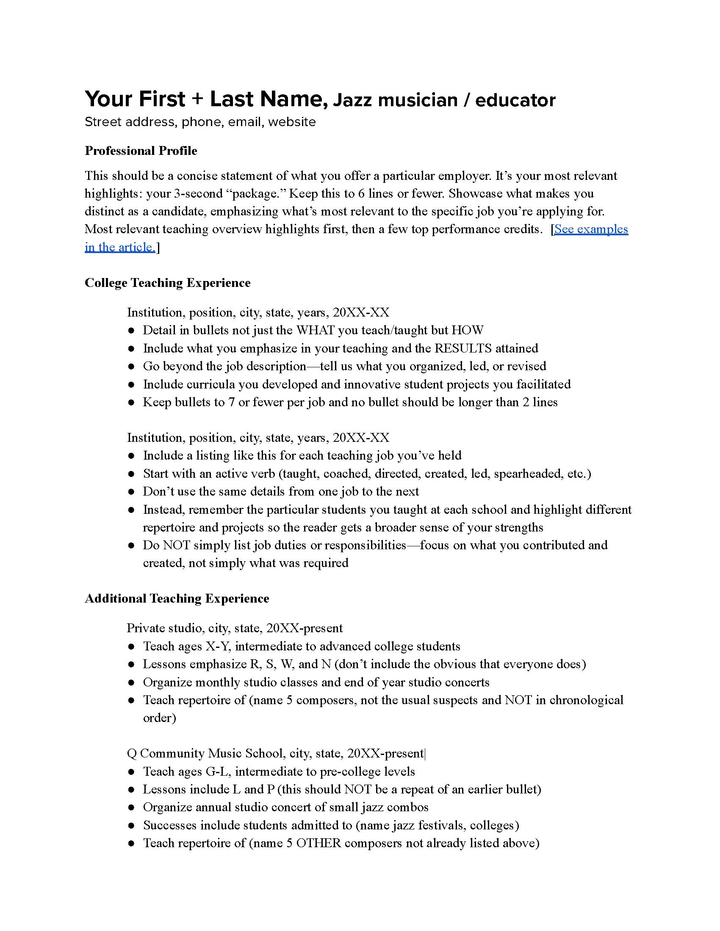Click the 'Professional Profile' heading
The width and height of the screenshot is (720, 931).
pos(141,151)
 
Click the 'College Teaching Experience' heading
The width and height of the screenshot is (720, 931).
pos(167,283)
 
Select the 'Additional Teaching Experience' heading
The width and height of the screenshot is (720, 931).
pos(177,598)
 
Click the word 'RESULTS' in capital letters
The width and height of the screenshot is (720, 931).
pos(463,349)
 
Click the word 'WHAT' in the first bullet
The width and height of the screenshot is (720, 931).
pos(315,331)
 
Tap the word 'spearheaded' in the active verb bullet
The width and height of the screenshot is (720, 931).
pos(527,474)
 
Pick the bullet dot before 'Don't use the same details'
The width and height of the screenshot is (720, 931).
pos(132,492)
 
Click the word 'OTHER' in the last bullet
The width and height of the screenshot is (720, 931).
pos(318,843)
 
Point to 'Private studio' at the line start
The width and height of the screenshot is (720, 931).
pos(163,628)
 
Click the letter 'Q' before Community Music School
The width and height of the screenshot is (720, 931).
pos(132,754)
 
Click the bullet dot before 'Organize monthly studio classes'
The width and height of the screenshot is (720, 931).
pos(132,683)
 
